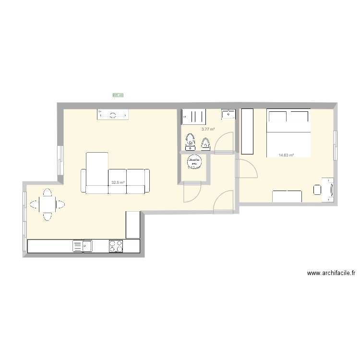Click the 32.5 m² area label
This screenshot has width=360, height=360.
[x=118, y=182]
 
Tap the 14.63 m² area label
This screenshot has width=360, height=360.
[x=286, y=155]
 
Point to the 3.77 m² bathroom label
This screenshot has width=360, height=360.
[x=208, y=129]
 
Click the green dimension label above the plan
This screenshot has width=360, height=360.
[x=118, y=96]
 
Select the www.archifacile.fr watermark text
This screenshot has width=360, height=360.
[x=331, y=274]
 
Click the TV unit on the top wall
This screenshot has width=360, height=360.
[x=114, y=115]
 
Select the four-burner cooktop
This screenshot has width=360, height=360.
[x=116, y=246]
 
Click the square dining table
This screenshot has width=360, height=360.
[x=47, y=205]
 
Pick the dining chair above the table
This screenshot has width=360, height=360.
[x=47, y=192]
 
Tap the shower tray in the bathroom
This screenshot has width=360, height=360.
[x=194, y=117]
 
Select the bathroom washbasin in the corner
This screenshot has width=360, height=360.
[x=228, y=114]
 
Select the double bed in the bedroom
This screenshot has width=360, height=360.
[x=288, y=133]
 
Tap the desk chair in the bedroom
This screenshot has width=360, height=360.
[x=317, y=190]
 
